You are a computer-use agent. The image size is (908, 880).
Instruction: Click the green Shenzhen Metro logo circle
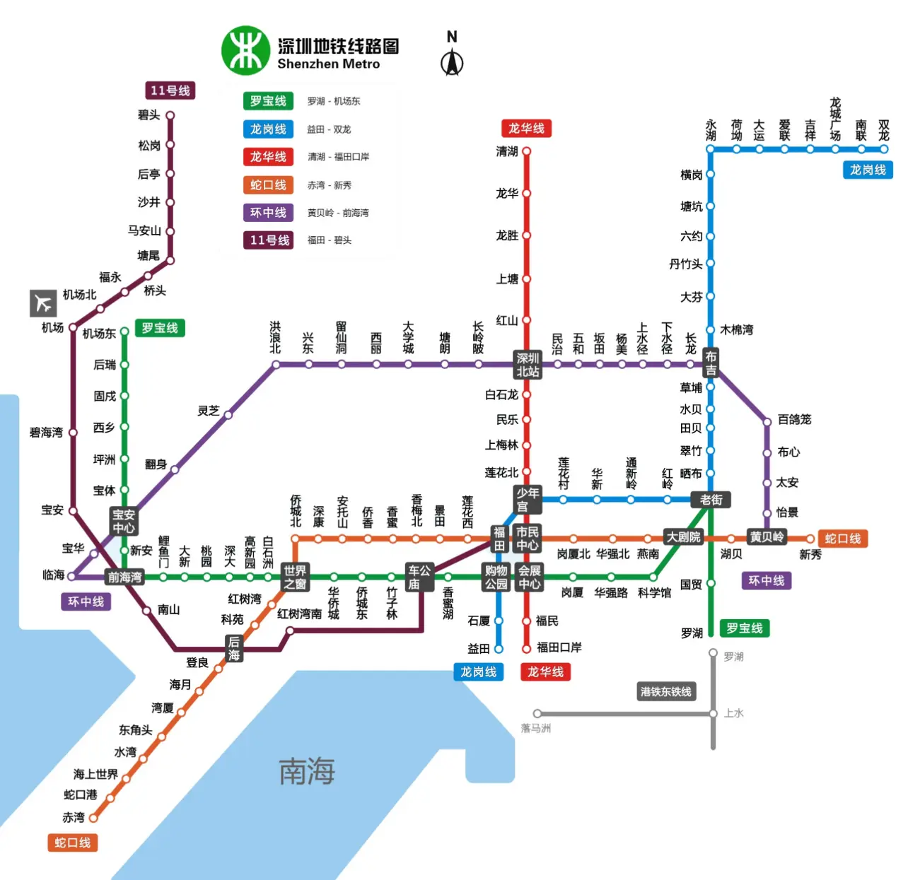(245, 51)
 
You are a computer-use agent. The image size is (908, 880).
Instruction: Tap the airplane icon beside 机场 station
(43, 303)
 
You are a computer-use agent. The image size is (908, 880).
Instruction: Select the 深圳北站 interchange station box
(528, 365)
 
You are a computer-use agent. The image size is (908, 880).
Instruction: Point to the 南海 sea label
(306, 771)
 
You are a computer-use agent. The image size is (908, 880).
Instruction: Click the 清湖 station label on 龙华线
(507, 151)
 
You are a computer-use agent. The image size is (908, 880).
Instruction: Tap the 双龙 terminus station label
(884, 130)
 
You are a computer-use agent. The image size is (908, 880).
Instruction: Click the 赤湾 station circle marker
(93, 818)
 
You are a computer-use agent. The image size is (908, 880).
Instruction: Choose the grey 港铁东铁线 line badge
(665, 691)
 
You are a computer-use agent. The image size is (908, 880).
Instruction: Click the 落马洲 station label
(535, 728)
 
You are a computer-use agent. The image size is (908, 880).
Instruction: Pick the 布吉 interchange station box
(711, 363)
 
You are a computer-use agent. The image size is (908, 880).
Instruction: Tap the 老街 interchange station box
(711, 500)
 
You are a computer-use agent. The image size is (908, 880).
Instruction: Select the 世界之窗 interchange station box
(295, 577)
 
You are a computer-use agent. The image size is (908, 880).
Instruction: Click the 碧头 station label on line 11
(149, 115)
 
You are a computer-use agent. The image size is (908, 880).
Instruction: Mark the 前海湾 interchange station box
(124, 577)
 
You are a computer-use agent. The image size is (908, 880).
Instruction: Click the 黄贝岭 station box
(767, 537)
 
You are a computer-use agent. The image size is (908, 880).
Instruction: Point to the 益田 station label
(479, 649)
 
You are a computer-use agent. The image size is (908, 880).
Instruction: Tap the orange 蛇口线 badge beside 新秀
(843, 539)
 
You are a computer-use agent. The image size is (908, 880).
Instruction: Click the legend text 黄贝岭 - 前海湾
(338, 213)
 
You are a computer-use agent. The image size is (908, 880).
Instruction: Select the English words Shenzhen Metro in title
(328, 64)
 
